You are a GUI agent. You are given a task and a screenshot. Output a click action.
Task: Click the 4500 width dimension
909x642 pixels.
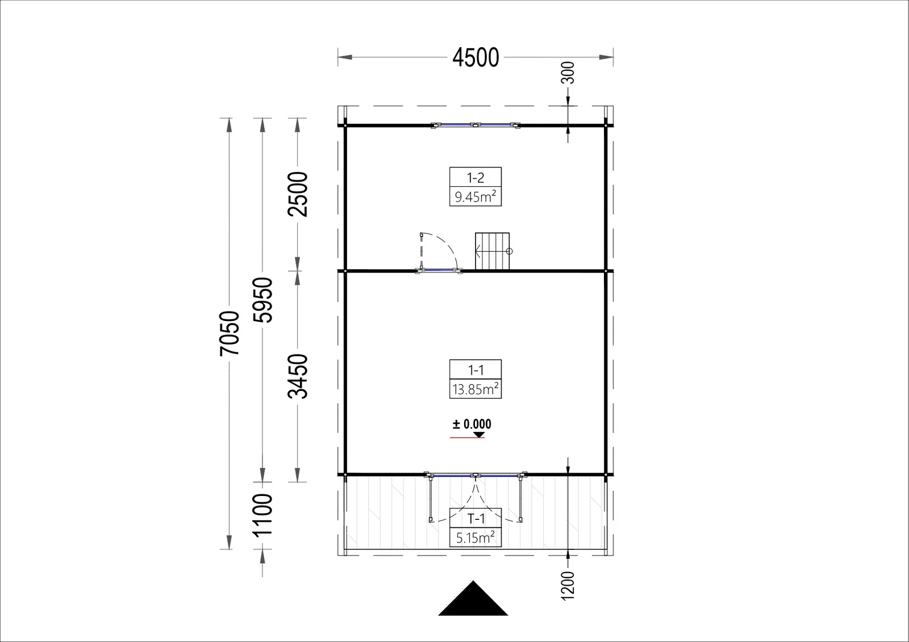[476, 57]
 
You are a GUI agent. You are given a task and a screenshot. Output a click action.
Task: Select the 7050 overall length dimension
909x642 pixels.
[230, 333]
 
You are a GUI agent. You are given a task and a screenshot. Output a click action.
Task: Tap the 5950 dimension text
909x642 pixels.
[262, 300]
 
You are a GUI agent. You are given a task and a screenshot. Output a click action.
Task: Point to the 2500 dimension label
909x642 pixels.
[298, 194]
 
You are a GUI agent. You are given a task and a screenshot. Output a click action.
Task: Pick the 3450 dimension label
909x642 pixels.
[298, 376]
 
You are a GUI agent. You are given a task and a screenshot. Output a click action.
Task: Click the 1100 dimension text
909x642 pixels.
[262, 515]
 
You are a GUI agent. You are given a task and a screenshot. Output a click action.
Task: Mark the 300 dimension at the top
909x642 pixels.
[568, 73]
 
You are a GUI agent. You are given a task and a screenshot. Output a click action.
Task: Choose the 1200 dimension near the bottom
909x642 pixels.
[568, 586]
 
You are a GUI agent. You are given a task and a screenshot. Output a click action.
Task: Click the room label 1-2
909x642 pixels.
[476, 178]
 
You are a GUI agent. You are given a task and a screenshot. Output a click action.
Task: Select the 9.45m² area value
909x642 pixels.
[476, 197]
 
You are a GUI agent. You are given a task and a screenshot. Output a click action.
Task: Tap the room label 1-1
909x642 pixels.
[476, 370]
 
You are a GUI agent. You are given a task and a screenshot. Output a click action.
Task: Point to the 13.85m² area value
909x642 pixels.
[476, 389]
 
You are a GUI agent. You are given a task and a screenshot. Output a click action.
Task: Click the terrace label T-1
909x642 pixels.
[476, 519]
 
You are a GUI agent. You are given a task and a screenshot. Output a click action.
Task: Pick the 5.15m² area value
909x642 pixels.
[476, 537]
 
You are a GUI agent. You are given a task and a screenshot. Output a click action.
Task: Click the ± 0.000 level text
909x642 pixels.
[472, 424]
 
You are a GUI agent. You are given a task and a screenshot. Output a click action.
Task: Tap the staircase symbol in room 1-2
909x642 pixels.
[492, 251]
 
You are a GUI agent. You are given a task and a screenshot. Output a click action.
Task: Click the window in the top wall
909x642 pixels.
[476, 125]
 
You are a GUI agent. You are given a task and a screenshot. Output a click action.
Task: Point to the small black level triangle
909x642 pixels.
[479, 435]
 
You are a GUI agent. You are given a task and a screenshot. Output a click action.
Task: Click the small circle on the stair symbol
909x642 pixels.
[509, 251]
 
